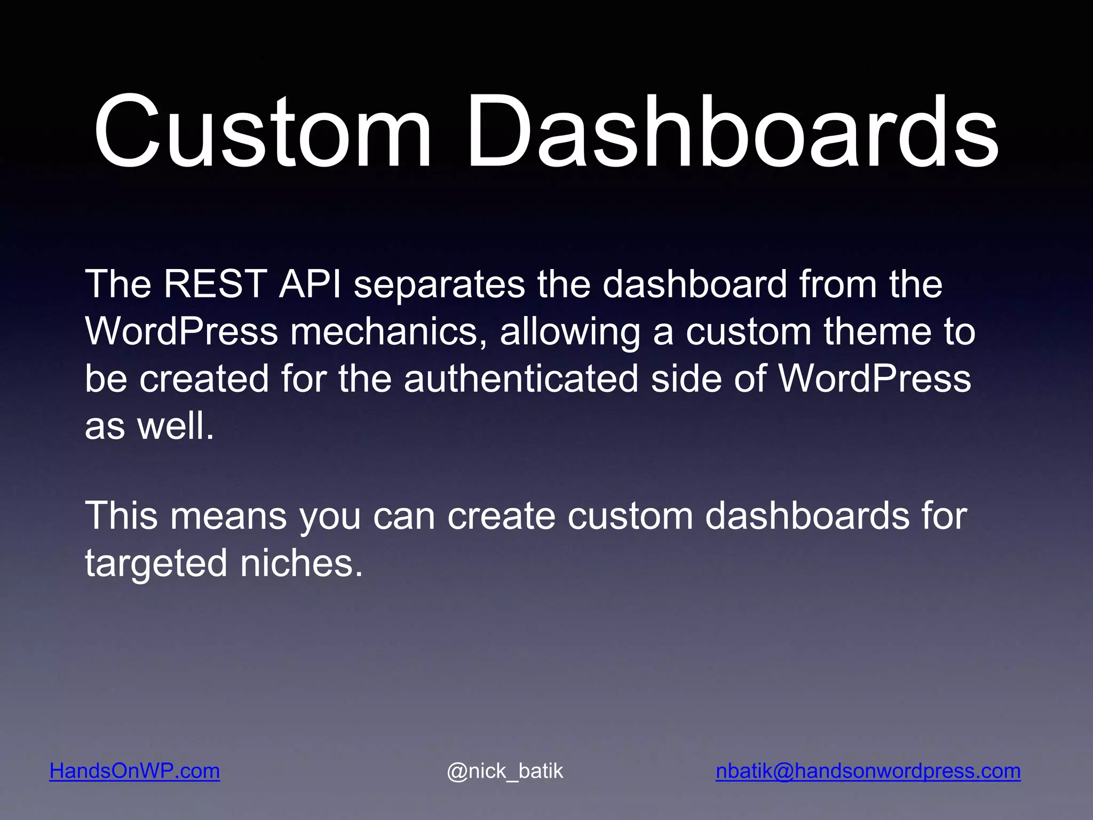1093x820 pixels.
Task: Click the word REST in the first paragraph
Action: click(215, 284)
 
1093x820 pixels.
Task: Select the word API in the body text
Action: click(310, 284)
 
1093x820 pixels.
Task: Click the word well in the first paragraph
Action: click(176, 427)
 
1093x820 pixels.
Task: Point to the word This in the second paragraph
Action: click(122, 516)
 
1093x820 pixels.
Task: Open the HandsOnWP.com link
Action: click(134, 771)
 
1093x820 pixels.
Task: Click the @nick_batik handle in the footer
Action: click(505, 771)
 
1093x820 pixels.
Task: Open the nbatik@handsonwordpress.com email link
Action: click(868, 771)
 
